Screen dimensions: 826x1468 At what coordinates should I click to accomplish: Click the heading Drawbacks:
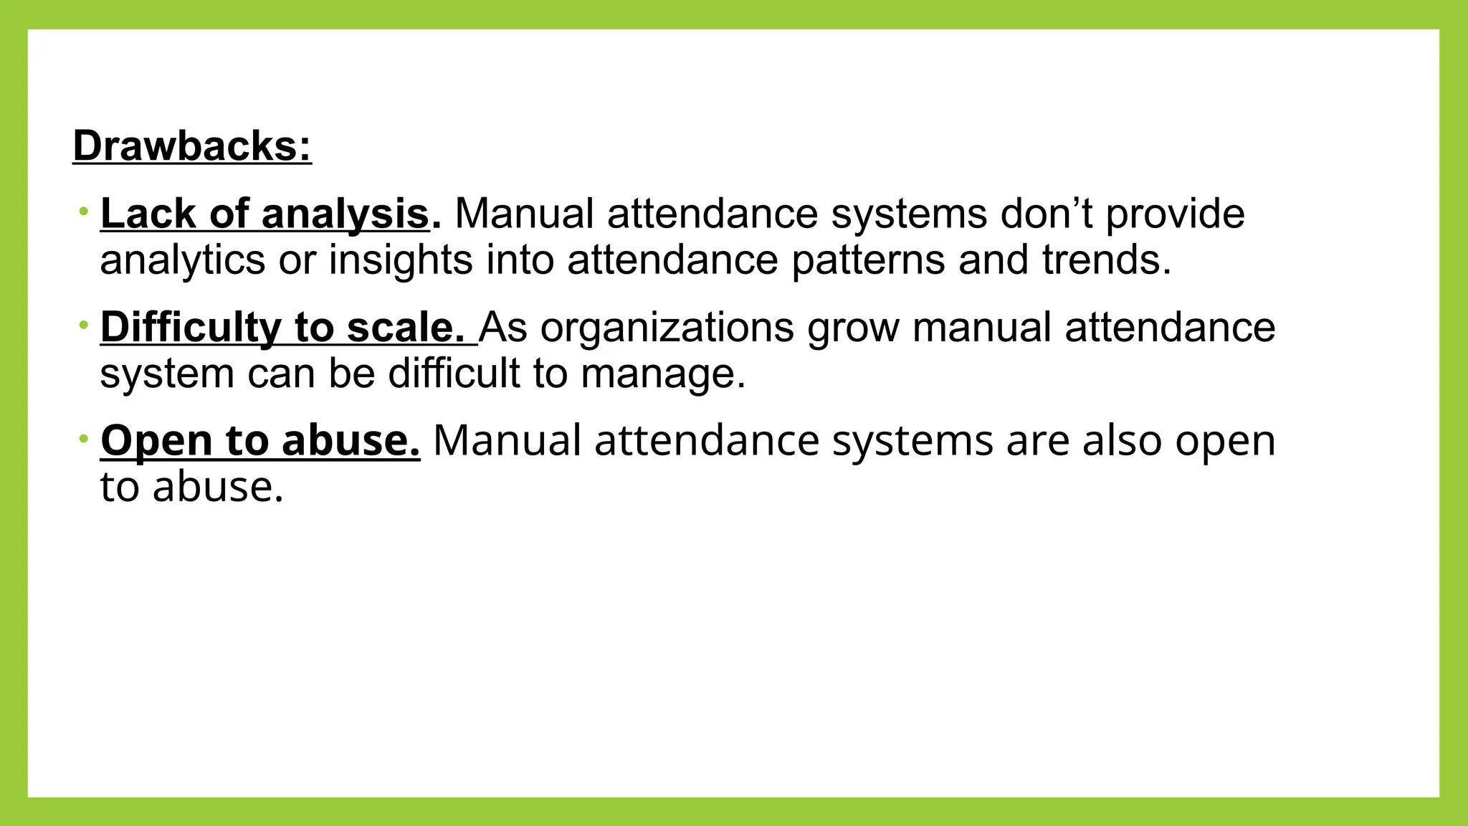[192, 146]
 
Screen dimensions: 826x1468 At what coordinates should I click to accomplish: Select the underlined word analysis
[345, 214]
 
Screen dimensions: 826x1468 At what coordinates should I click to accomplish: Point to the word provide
[1175, 214]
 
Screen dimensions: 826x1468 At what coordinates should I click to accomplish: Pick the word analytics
[182, 260]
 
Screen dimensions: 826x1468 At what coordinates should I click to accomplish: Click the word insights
[401, 260]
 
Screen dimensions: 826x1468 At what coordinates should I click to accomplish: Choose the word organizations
[667, 328]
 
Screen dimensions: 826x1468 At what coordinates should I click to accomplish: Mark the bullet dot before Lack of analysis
[84, 212]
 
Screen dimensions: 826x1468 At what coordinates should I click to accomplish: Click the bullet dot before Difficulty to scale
[84, 326]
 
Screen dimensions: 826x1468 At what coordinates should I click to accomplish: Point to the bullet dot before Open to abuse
[84, 437]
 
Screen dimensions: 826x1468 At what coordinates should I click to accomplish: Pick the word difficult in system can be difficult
[454, 374]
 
